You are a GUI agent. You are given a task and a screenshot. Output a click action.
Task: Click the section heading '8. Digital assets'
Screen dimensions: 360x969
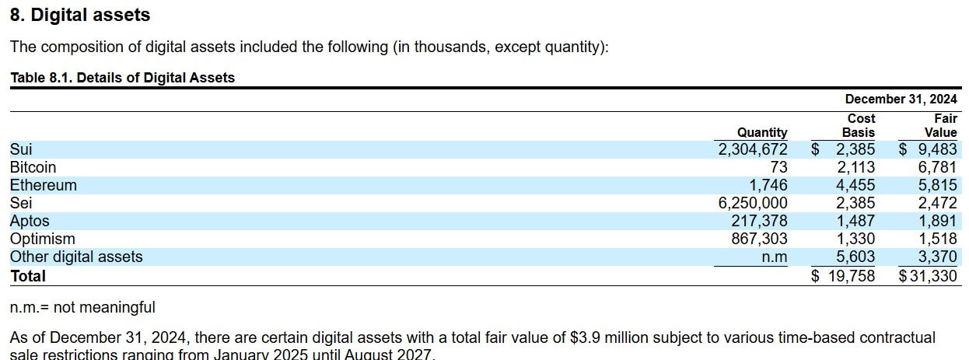pyautogui.click(x=79, y=15)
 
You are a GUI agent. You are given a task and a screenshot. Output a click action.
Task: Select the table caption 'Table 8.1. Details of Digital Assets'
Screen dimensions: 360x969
pyautogui.click(x=122, y=78)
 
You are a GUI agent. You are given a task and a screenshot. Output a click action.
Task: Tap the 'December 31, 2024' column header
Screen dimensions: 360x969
pyautogui.click(x=901, y=99)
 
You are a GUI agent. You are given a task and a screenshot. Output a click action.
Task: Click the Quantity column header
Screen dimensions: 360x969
pyautogui.click(x=762, y=132)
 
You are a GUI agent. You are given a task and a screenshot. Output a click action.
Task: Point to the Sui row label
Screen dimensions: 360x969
pyautogui.click(x=21, y=149)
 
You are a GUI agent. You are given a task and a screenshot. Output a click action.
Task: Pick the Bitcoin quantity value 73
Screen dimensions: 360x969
pyautogui.click(x=778, y=167)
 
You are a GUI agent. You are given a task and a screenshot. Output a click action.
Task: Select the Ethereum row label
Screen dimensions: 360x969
pyautogui.click(x=43, y=185)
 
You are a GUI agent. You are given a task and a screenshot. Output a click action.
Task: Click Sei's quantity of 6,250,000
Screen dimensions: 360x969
pyautogui.click(x=753, y=203)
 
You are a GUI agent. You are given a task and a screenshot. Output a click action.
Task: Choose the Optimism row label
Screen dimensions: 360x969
pyautogui.click(x=42, y=239)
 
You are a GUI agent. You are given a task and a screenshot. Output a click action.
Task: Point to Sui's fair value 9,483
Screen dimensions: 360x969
pyautogui.click(x=937, y=149)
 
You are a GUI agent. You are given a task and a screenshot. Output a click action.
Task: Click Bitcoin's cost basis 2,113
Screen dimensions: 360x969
pyautogui.click(x=855, y=167)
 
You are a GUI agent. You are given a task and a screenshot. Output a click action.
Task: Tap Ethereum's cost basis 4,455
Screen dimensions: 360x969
pyautogui.click(x=855, y=185)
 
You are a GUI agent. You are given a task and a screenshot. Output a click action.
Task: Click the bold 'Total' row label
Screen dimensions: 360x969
pyautogui.click(x=28, y=276)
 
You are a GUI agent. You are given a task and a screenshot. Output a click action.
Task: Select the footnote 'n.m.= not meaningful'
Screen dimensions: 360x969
pyautogui.click(x=82, y=308)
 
